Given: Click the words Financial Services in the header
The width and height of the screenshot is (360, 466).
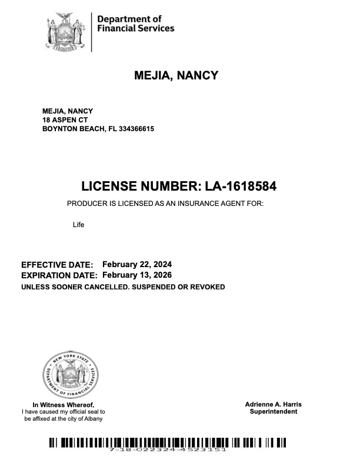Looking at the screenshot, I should [x=135, y=28].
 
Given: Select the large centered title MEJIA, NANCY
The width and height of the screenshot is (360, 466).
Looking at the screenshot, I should [x=176, y=75].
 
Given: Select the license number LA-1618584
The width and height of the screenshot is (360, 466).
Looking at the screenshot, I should [x=241, y=187].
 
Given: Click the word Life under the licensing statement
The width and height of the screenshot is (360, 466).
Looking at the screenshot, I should [x=79, y=224].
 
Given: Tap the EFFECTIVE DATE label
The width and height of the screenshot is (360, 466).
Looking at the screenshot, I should [x=57, y=265].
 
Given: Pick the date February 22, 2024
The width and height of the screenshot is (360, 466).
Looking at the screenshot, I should [x=137, y=264].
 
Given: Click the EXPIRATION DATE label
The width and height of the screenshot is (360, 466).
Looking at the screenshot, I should [x=59, y=275].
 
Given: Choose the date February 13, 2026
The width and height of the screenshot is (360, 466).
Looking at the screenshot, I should [x=137, y=275].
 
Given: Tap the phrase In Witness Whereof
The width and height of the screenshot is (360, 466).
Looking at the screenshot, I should [x=63, y=405].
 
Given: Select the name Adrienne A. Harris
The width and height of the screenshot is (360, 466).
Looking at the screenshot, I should [x=274, y=405].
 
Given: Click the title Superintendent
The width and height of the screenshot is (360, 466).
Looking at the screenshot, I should [x=274, y=412].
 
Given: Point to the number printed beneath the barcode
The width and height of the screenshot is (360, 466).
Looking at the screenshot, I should [x=168, y=450].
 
